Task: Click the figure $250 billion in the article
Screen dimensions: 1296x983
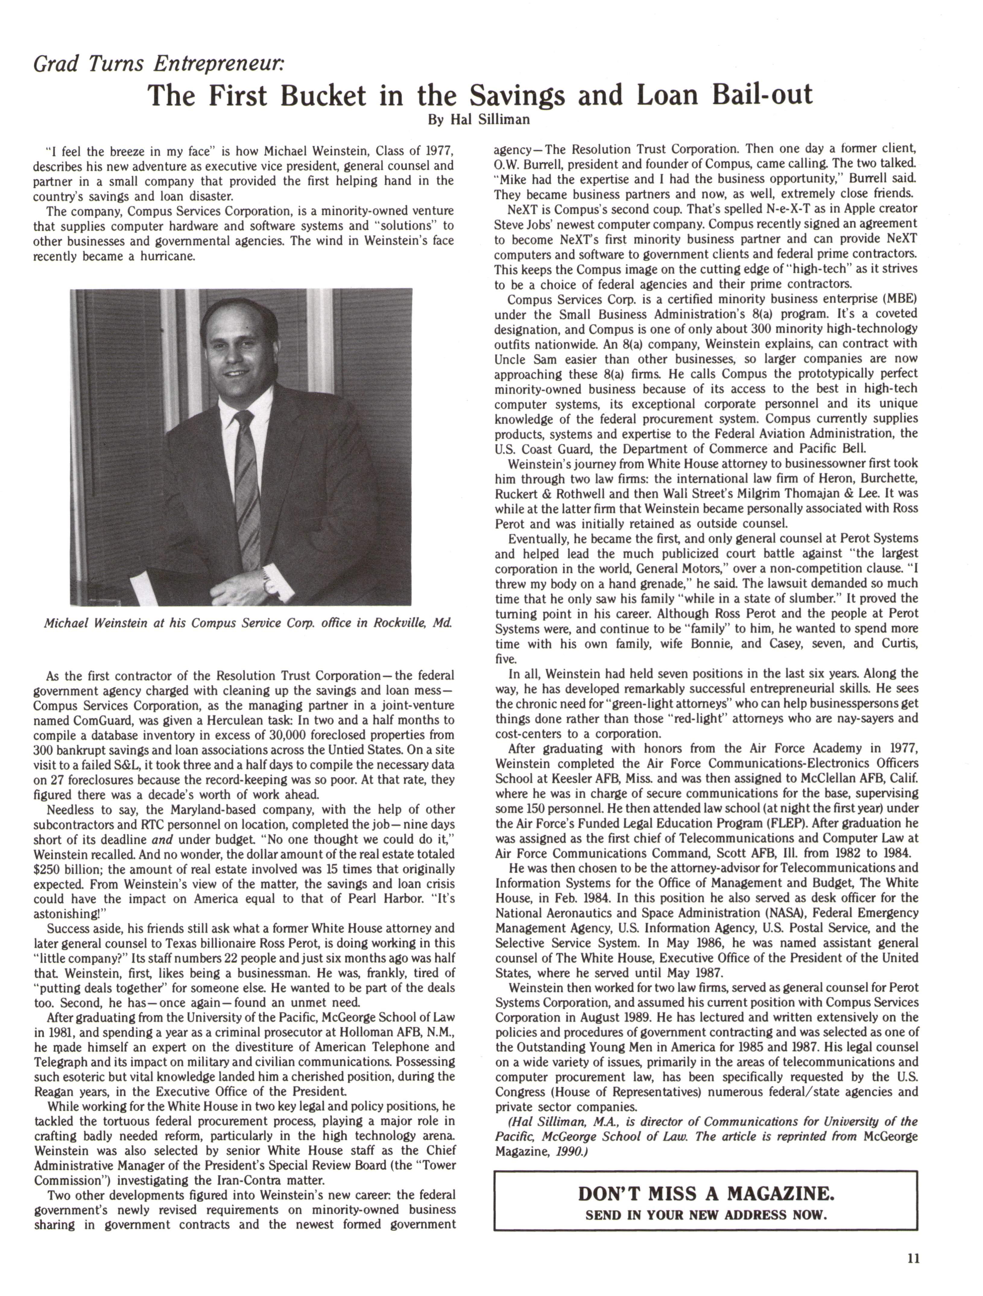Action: (x=65, y=869)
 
